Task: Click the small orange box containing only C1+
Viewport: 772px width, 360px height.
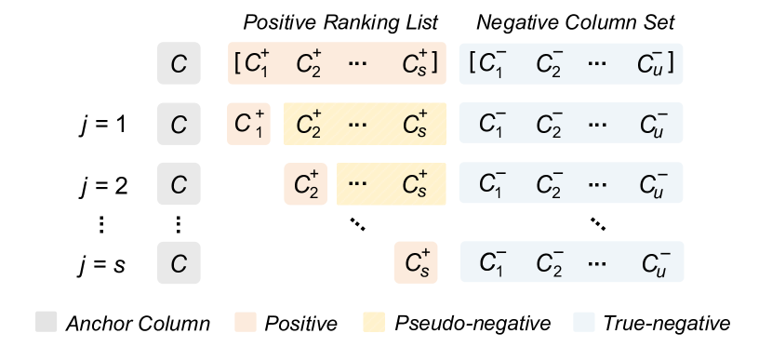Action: (x=249, y=124)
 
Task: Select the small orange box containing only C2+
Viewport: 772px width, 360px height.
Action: (x=306, y=183)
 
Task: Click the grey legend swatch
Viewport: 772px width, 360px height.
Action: (x=47, y=322)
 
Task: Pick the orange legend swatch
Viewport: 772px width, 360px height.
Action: (x=246, y=322)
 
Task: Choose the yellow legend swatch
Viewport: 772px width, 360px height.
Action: (x=373, y=322)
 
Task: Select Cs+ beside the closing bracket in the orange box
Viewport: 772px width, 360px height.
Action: (x=414, y=64)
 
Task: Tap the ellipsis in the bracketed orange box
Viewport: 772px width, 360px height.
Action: (x=359, y=64)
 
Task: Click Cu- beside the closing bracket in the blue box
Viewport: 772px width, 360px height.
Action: (x=651, y=64)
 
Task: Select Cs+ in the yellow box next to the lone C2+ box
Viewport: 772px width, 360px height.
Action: (x=415, y=183)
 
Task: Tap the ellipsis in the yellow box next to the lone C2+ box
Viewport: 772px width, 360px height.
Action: (x=359, y=183)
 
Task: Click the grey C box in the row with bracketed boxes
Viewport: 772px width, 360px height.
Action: (x=179, y=64)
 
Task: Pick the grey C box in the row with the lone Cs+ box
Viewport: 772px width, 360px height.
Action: (x=179, y=261)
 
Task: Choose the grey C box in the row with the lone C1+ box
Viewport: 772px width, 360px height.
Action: (x=179, y=124)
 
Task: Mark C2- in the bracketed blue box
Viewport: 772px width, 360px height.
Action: (x=550, y=64)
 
